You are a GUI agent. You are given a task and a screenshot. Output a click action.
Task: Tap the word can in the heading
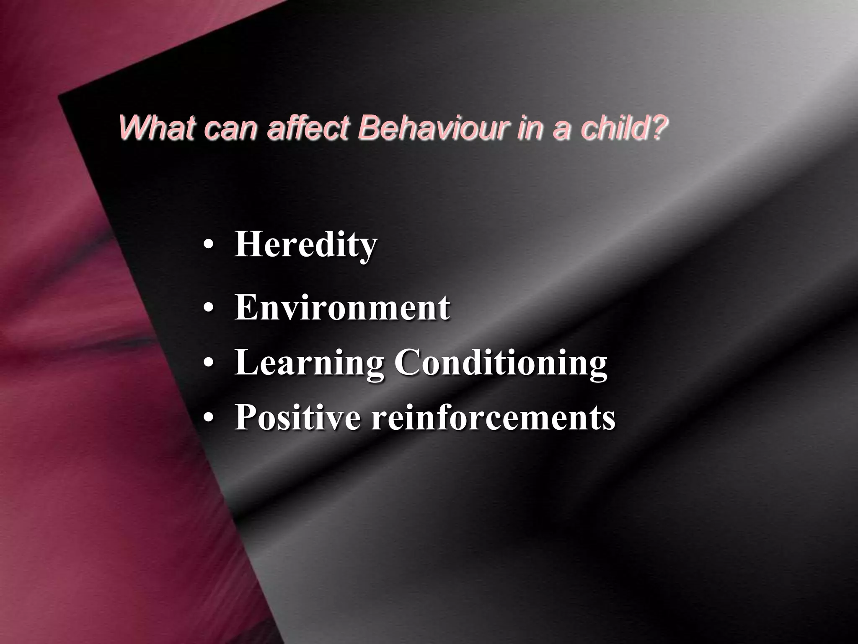[x=230, y=128]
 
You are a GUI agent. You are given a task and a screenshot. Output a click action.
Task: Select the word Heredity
[x=306, y=245]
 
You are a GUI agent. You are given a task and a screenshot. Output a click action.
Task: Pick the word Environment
[x=342, y=308]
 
